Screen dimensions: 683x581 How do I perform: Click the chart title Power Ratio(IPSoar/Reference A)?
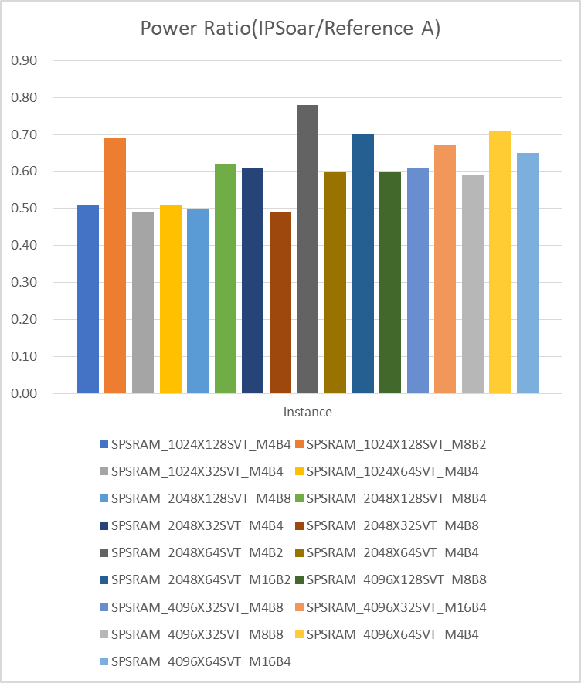click(x=290, y=29)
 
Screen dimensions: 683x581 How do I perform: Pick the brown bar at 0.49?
click(x=280, y=303)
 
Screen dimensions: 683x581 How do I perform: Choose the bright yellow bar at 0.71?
click(x=500, y=262)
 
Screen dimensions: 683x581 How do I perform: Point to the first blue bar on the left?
click(x=88, y=299)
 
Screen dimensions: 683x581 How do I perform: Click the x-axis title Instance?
click(x=307, y=412)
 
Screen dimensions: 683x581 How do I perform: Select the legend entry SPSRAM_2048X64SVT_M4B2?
click(x=197, y=552)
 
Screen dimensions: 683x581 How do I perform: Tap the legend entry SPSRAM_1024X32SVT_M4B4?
click(x=197, y=471)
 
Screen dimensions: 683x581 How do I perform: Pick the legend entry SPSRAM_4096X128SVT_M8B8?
click(x=396, y=579)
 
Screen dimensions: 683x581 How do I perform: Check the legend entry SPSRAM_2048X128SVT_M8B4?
click(x=396, y=498)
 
